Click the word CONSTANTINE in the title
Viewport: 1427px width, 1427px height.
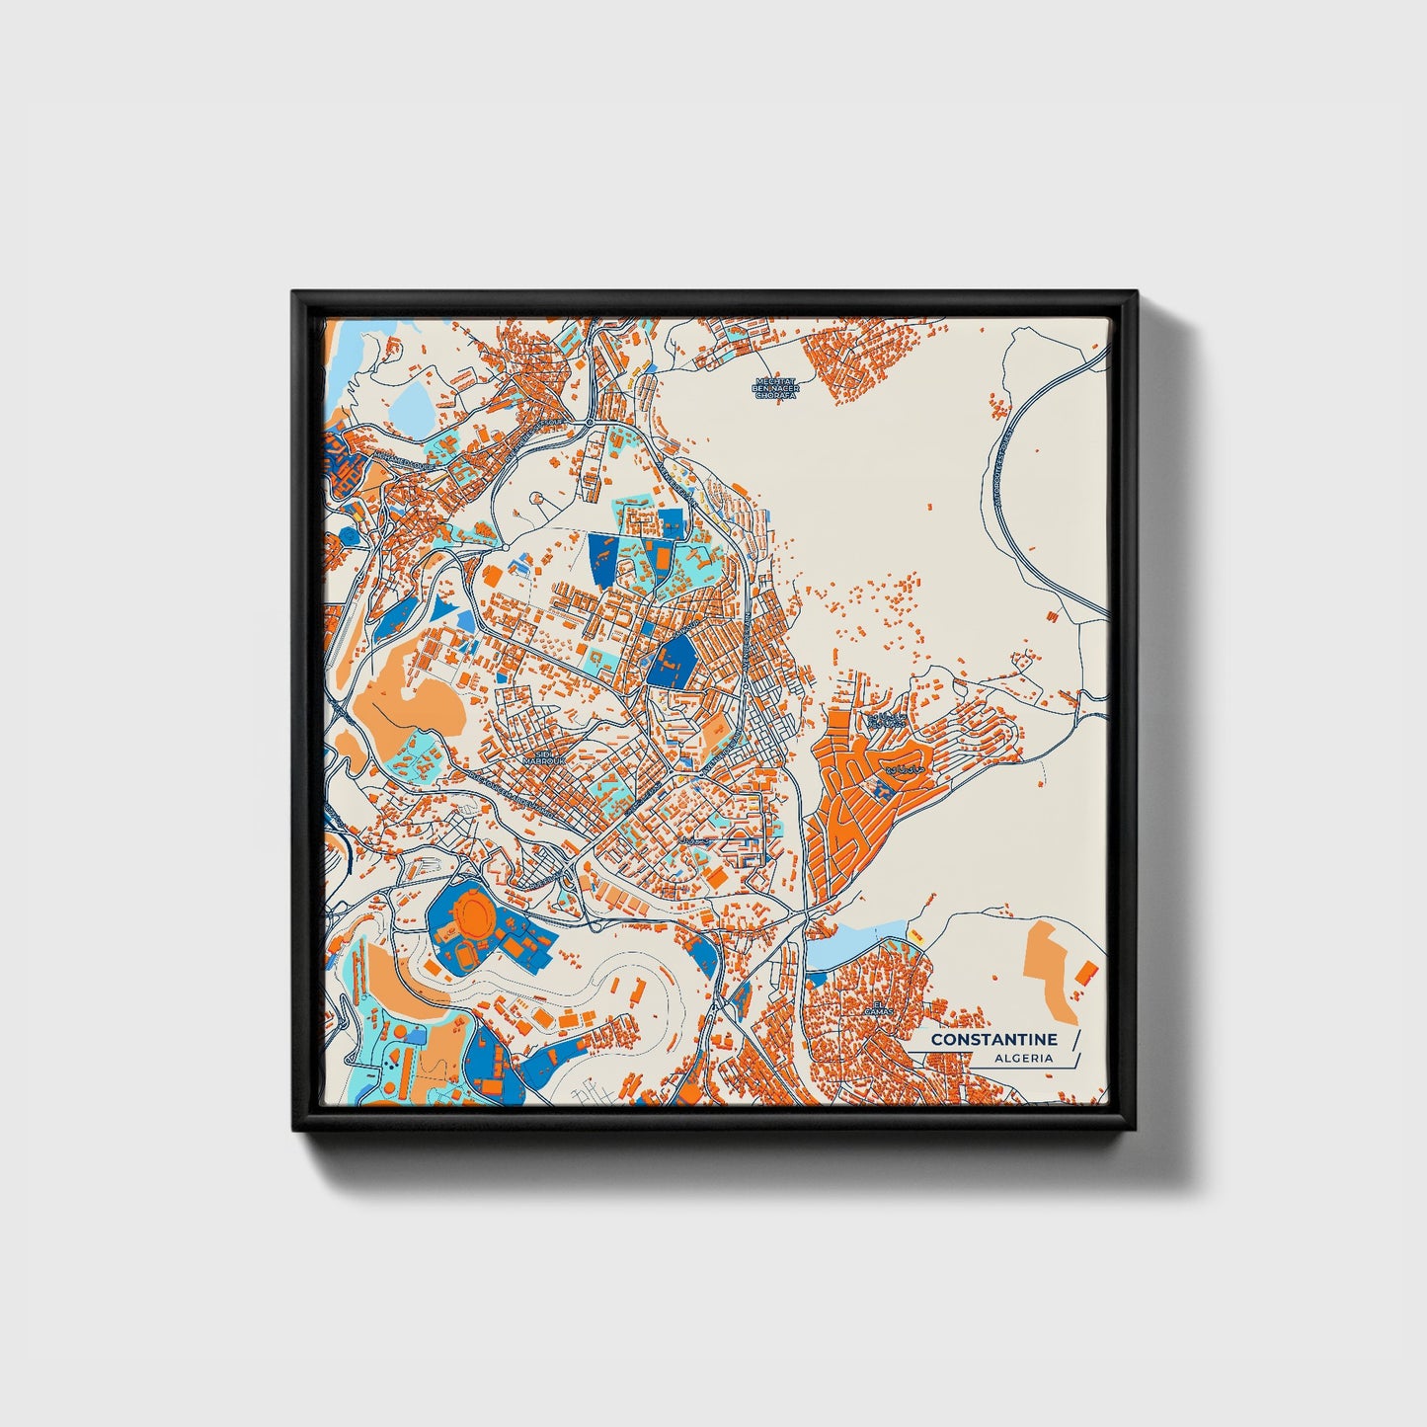coord(993,1040)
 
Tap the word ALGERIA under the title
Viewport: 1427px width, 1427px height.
coord(1025,1059)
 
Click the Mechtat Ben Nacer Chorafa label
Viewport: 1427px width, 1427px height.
coord(775,387)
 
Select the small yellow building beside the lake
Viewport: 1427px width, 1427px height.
coord(915,935)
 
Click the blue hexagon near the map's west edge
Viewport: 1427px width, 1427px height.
coord(349,534)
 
